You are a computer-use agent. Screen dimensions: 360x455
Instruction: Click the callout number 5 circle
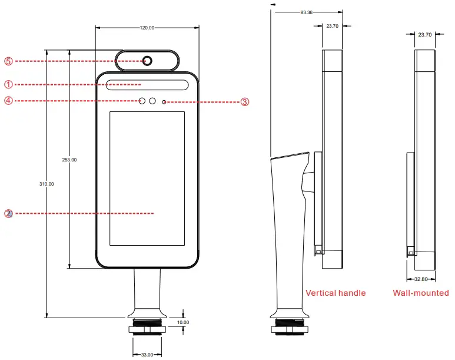(8, 61)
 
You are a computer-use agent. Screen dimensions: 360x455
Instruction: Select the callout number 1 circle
(8, 84)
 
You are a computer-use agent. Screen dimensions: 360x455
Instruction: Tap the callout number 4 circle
(8, 101)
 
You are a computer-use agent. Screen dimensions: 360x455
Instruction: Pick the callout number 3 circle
(245, 102)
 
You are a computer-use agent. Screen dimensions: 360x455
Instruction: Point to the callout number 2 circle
(8, 213)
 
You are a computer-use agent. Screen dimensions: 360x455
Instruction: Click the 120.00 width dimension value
(147, 28)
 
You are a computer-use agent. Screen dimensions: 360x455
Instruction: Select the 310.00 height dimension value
(47, 184)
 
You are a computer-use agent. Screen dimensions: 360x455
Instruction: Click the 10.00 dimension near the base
(184, 322)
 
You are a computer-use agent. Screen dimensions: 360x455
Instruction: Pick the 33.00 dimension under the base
(147, 354)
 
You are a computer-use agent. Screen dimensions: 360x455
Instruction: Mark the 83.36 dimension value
(306, 12)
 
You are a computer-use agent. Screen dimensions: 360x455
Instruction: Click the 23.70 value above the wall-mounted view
(424, 35)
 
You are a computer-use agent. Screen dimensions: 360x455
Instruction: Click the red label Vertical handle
(336, 293)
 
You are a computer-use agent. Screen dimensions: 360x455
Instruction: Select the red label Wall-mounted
(421, 293)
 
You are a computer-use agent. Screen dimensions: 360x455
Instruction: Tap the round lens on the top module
(147, 60)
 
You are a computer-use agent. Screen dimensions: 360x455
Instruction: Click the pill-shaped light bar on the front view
(147, 85)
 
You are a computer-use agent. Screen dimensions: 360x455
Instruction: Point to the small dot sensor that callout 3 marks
(164, 102)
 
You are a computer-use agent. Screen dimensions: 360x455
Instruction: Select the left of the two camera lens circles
(142, 101)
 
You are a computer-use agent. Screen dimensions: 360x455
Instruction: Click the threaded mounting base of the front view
(147, 327)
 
